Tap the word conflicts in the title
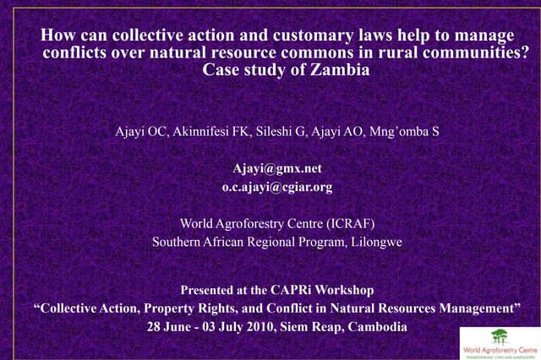pos(75,53)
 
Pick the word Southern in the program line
pos(177,243)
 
